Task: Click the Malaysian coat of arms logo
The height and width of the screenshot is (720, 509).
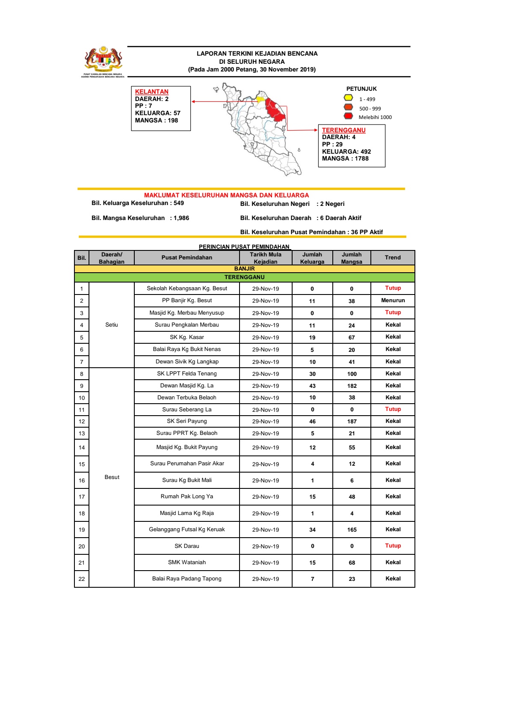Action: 103,60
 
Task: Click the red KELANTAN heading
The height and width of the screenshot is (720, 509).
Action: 151,92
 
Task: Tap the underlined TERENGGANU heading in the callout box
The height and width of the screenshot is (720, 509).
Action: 343,130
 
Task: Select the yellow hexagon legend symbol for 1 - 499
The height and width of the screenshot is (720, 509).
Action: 349,98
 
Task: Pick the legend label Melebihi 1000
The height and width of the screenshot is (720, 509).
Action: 375,117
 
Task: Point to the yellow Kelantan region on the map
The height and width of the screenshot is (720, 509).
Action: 260,99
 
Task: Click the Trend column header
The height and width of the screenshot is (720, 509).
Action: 393,258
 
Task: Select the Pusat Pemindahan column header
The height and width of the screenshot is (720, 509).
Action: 186,258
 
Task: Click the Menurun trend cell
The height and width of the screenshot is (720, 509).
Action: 393,300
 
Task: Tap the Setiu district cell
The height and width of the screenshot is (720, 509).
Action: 112,325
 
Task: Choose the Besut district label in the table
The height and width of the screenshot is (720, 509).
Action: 112,477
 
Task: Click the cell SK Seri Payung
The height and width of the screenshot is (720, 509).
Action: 186,421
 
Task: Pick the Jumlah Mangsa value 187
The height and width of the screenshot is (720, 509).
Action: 352,422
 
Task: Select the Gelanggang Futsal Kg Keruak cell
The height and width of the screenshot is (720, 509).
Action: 186,530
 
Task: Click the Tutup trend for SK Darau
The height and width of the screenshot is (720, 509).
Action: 393,546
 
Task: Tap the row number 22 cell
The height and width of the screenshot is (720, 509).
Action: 82,579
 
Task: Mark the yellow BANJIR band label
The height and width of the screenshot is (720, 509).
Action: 244,269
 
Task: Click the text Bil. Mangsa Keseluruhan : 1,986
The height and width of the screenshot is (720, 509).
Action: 140,218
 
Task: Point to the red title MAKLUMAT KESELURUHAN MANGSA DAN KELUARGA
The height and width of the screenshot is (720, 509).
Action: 226,195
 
